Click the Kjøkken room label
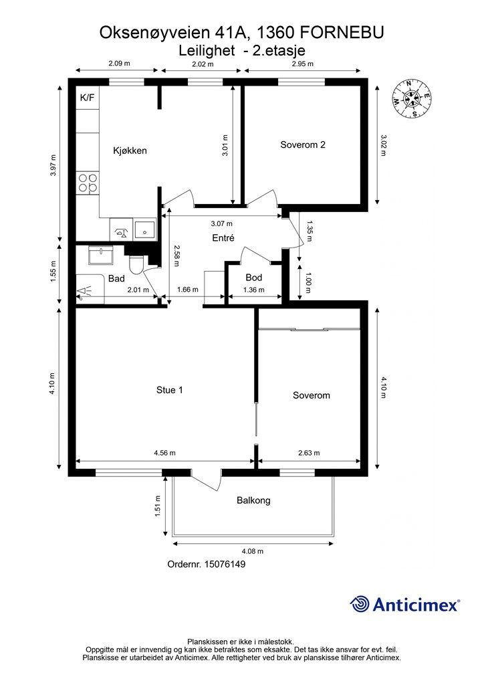(129, 151)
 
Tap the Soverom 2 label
(303, 144)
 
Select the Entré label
(223, 238)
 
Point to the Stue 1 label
(169, 390)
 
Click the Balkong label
(253, 500)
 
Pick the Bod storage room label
(253, 277)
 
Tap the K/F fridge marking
(87, 98)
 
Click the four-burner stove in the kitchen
(88, 183)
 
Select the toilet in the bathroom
(137, 264)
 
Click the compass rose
(414, 98)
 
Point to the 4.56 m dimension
(164, 453)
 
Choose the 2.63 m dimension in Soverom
(309, 453)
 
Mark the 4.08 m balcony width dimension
(252, 551)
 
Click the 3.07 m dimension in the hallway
(222, 223)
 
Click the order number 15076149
(226, 565)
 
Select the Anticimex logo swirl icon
(360, 604)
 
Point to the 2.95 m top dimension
(302, 64)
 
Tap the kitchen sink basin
(145, 230)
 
